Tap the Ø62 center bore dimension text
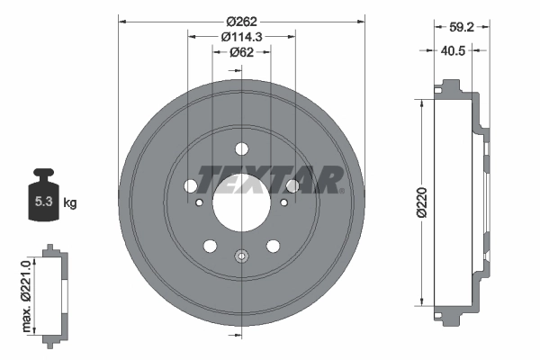(x=241, y=52)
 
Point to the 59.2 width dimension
(x=461, y=26)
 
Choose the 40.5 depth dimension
(x=461, y=51)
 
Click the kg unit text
(x=69, y=202)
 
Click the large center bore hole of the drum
(x=241, y=202)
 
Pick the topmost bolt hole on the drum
(x=241, y=149)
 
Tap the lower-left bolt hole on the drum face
(x=210, y=245)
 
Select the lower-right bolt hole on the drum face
(x=273, y=245)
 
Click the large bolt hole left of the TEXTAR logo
(x=191, y=185)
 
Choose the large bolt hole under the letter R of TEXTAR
(x=292, y=186)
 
